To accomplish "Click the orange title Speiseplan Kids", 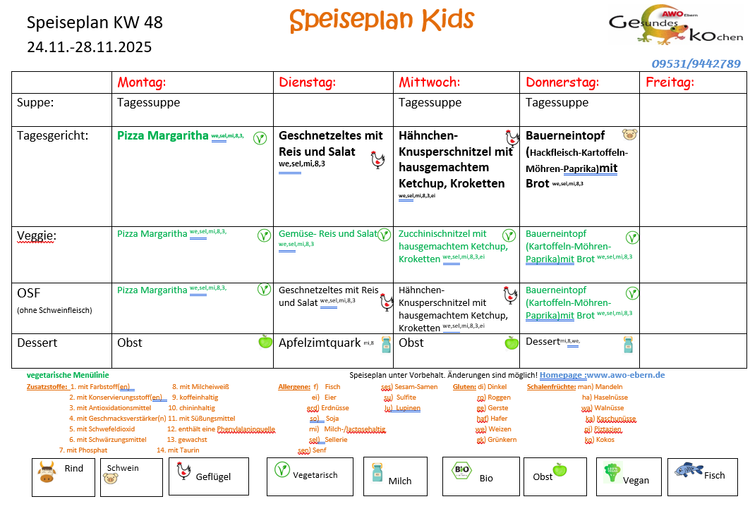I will pos(382,20).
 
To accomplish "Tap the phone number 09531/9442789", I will pos(696,64).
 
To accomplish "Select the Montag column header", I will pos(141,82).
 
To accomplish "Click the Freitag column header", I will pos(670,82).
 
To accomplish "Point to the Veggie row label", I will pos(37,235).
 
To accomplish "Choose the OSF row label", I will pos(30,292).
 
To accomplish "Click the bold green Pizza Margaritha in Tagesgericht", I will pos(163,135).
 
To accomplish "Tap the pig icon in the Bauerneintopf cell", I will pos(629,134).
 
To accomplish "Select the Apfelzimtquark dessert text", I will pos(320,343).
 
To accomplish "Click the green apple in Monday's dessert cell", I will pos(265,343).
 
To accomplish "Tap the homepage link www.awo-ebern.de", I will pos(625,375).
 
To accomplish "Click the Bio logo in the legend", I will pos(462,470).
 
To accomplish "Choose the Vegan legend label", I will pos(636,480).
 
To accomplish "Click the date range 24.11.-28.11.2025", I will pos(89,47).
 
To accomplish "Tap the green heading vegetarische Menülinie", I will pos(68,375).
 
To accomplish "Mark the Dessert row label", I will pos(37,343).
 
